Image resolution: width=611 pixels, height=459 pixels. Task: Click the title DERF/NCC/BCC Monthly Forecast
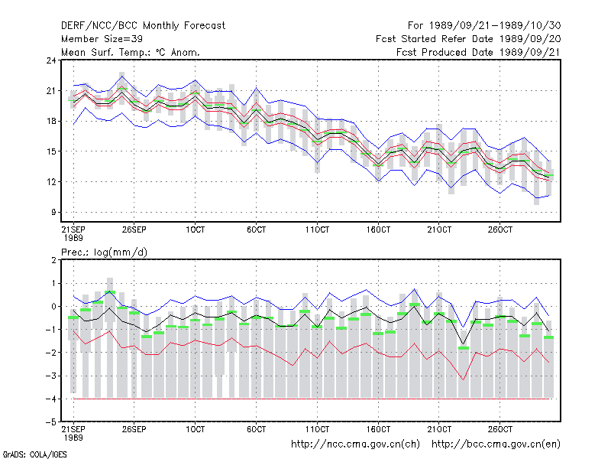point(143,26)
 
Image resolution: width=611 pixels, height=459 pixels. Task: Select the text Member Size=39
point(102,39)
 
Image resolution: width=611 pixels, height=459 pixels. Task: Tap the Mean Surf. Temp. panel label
point(131,52)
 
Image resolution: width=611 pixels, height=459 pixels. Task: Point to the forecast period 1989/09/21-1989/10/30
point(484,26)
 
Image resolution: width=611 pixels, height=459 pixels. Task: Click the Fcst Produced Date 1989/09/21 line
point(479,52)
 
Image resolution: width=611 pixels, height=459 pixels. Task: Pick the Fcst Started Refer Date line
point(468,39)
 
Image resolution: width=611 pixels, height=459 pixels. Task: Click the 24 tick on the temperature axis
point(51,60)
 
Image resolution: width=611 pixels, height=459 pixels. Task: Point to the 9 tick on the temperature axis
point(53,213)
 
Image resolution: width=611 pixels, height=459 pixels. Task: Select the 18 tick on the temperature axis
point(51,121)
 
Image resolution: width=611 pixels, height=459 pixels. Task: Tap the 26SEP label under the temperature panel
point(134,229)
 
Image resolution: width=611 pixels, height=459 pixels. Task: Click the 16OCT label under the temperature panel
point(378,229)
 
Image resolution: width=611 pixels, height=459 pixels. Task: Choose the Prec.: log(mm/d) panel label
point(104,252)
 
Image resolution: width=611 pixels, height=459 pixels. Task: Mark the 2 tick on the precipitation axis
point(53,260)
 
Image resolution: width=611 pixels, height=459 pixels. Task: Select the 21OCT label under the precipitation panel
point(439,429)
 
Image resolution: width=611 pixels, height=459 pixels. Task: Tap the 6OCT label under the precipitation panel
point(256,429)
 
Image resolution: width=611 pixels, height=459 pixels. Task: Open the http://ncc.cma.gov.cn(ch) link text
point(356,444)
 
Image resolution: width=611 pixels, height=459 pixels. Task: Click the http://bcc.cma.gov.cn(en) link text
point(496,444)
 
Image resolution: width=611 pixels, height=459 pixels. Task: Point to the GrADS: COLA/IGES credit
point(34,454)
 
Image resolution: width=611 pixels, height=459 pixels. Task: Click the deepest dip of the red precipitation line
point(464,379)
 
